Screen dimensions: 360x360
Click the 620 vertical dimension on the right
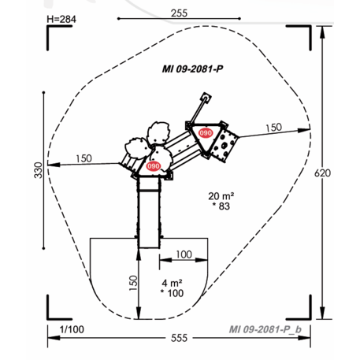click(338, 173)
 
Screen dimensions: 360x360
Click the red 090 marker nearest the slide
click(154, 166)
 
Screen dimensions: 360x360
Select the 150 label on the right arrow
click(273, 127)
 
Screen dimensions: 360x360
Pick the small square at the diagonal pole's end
click(206, 98)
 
